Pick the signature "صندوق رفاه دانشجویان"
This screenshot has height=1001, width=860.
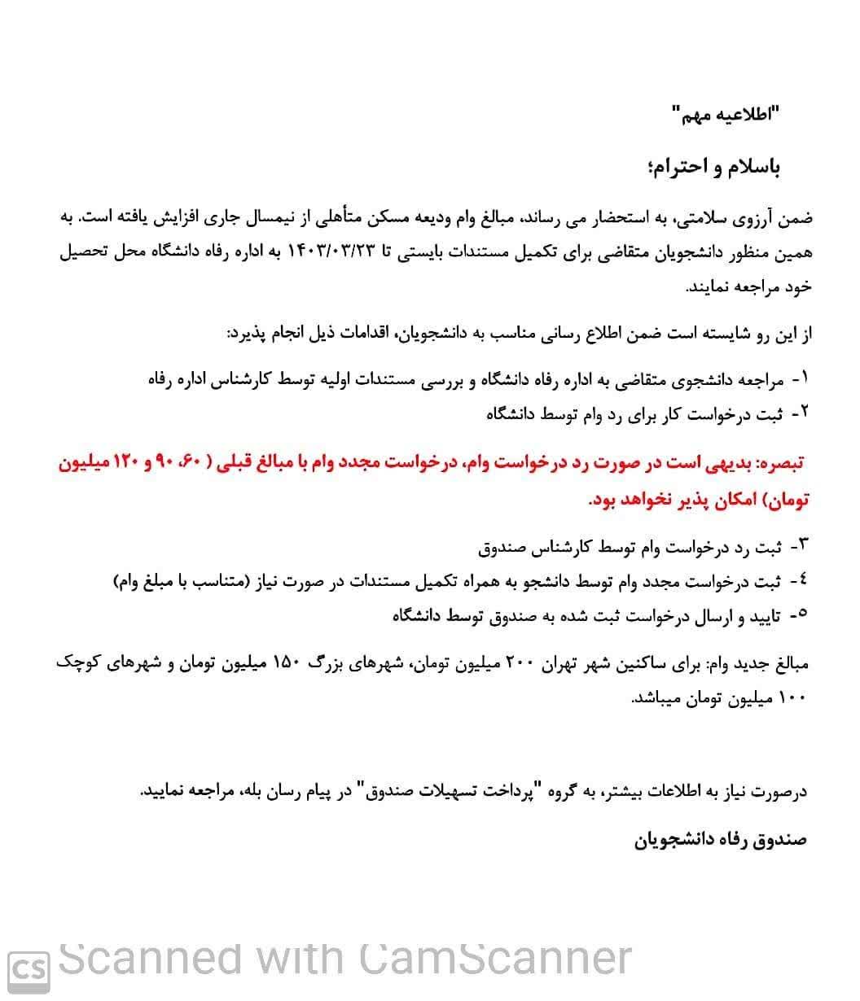(720, 839)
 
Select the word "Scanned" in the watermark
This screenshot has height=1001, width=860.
(150, 959)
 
